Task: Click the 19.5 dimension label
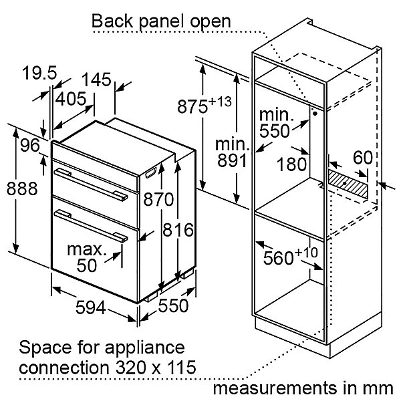coord(39,72)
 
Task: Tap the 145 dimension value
coord(96,79)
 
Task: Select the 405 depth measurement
coord(71,99)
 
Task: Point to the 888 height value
coord(22,188)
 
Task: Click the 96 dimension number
coord(30,145)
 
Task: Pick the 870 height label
coord(158,199)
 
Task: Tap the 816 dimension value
coord(178,230)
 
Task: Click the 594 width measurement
coord(90,307)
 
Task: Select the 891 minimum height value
coord(232,160)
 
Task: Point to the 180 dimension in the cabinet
coord(291,164)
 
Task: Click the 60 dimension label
coord(363,158)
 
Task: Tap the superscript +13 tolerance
coord(220,102)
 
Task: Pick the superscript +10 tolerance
coord(306,253)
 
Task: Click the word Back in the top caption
coord(112,21)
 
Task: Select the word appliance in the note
coord(145,348)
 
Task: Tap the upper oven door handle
coord(91,184)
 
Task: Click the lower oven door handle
coord(91,226)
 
